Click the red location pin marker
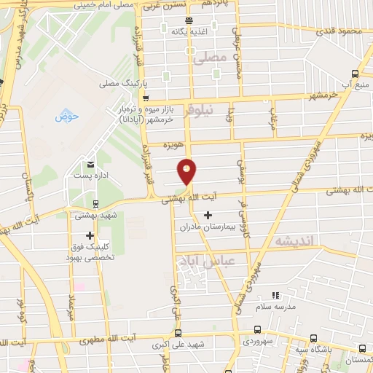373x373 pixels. [188, 172]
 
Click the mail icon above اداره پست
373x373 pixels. [90, 163]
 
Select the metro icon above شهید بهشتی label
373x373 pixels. [95, 203]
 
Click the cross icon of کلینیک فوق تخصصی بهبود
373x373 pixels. [90, 235]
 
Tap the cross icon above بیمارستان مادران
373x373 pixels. [208, 215]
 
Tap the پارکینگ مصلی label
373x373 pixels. [122, 85]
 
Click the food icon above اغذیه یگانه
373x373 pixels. [189, 20]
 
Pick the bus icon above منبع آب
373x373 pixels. [355, 73]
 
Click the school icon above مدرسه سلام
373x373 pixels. [275, 295]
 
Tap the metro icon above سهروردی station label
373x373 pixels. [257, 329]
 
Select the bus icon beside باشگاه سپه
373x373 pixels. [313, 337]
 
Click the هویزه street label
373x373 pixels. [170, 144]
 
